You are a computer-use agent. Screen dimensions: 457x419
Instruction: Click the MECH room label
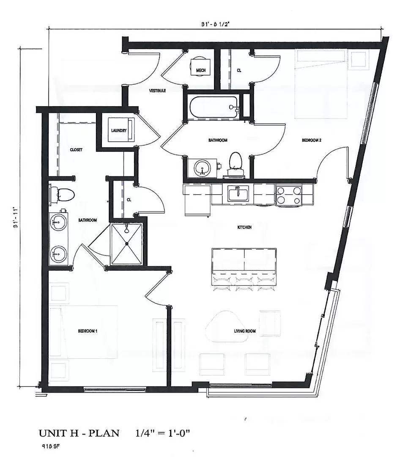tap(201, 70)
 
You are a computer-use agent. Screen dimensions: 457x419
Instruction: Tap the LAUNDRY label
tap(119, 131)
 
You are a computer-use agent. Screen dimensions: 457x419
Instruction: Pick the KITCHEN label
tap(244, 228)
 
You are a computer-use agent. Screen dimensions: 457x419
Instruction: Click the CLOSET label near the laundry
tap(76, 150)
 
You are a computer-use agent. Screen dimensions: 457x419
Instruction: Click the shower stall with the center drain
tap(127, 244)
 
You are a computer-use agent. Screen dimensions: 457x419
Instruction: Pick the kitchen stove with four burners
tap(289, 195)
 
